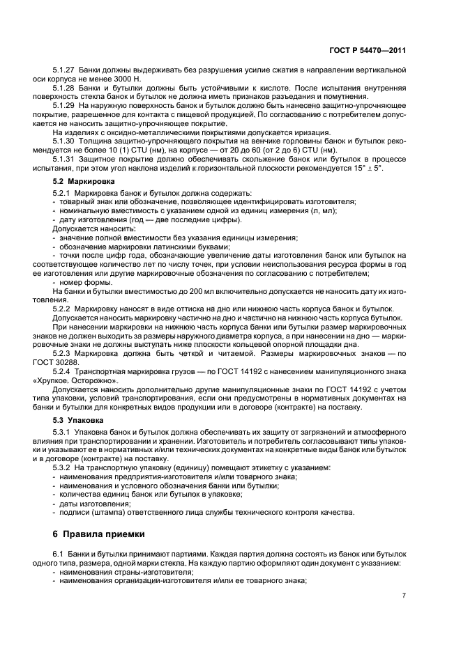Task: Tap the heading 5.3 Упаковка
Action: point(74,421)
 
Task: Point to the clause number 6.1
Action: point(58,553)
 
